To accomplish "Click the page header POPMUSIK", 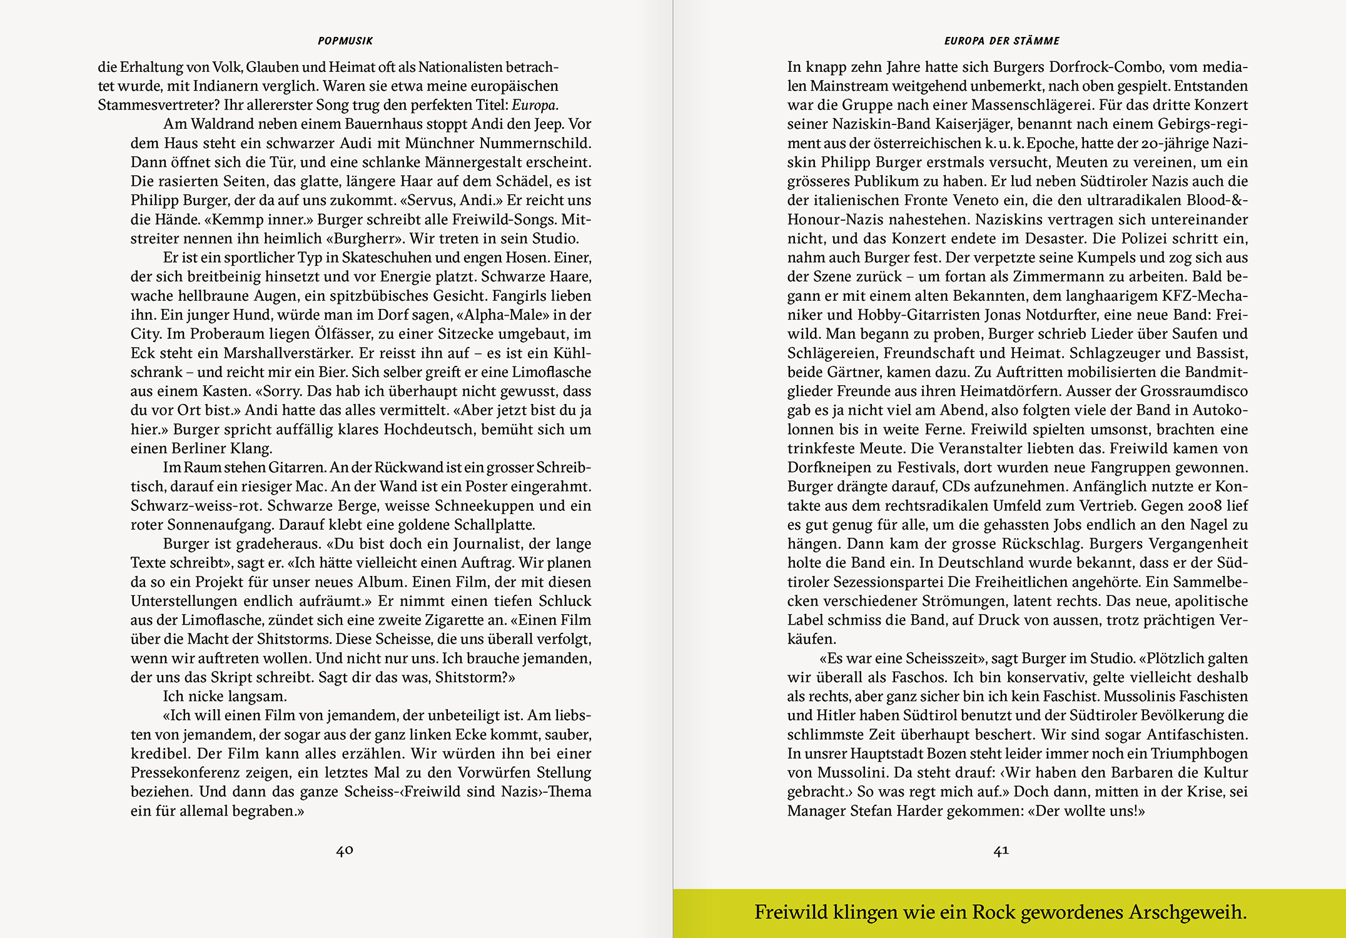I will pos(345,41).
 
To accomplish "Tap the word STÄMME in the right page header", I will pos(1036,41).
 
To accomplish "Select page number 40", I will pos(345,850).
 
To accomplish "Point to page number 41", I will pos(1001,850).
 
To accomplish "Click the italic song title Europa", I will pos(535,105).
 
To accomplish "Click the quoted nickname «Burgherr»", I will pos(368,239).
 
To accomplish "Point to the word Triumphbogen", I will pos(1200,754).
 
